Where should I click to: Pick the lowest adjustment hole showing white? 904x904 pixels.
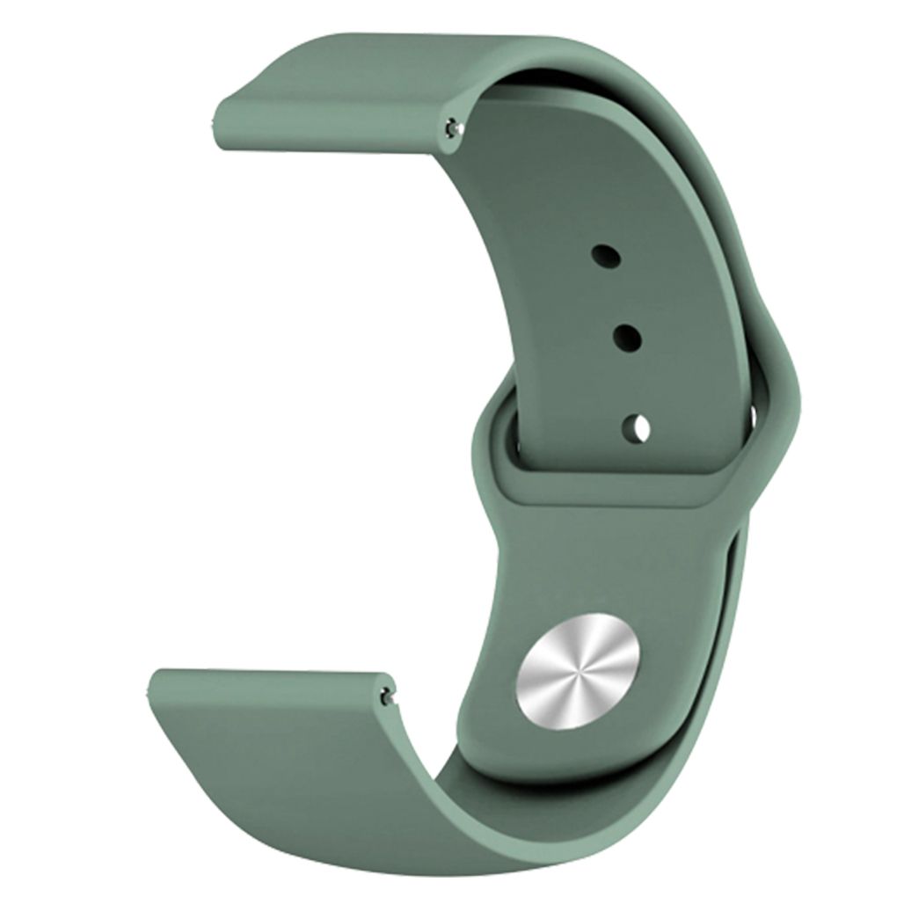(636, 427)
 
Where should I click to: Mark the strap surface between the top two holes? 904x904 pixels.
(615, 295)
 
